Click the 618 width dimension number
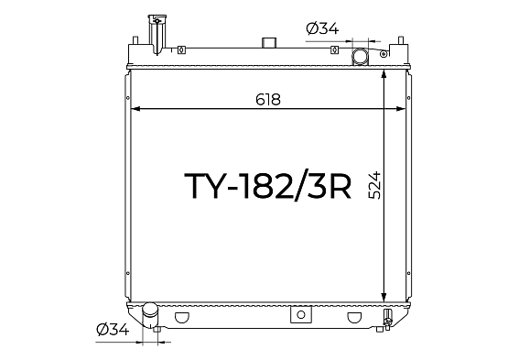click(x=267, y=100)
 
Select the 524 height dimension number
click(x=375, y=185)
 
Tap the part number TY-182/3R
click(x=267, y=186)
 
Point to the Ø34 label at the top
click(x=322, y=28)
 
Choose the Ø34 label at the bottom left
click(x=113, y=330)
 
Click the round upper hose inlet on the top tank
click(x=360, y=56)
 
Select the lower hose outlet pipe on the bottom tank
click(x=150, y=314)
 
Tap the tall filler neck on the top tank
click(x=157, y=34)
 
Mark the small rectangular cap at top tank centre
click(x=269, y=42)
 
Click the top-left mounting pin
click(x=135, y=40)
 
